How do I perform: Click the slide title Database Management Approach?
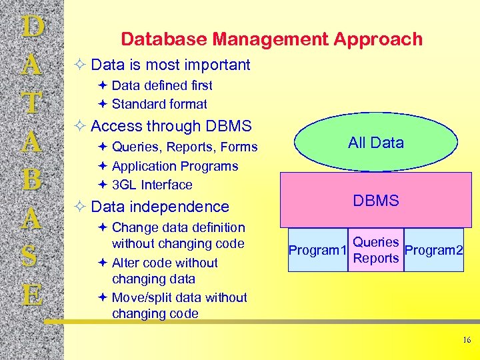(271, 39)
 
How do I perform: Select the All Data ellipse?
(375, 142)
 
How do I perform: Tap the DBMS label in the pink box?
(375, 201)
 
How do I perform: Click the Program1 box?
(317, 251)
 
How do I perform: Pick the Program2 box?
(433, 251)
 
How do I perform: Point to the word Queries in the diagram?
(375, 243)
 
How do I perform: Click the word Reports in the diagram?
(375, 259)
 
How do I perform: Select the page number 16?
(466, 341)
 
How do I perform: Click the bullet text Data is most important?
(170, 65)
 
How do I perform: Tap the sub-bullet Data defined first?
(162, 85)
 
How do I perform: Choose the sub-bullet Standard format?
(159, 104)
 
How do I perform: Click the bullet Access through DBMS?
(171, 126)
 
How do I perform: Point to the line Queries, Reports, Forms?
(184, 147)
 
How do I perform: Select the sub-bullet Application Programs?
(175, 166)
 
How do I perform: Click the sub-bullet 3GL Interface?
(152, 185)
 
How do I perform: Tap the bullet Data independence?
(159, 207)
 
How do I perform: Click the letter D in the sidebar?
(32, 28)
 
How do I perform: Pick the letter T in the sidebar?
(32, 103)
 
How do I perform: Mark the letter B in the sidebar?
(32, 180)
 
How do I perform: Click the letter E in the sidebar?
(32, 293)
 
